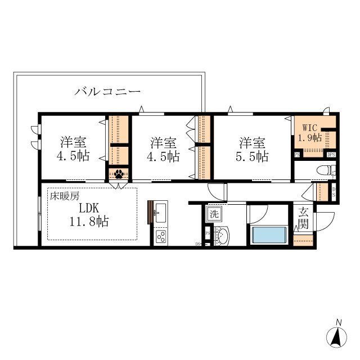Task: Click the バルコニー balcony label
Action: [x=107, y=91]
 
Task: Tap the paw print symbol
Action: [x=119, y=174]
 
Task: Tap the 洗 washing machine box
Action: [x=214, y=214]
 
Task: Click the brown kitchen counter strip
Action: [x=150, y=212]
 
